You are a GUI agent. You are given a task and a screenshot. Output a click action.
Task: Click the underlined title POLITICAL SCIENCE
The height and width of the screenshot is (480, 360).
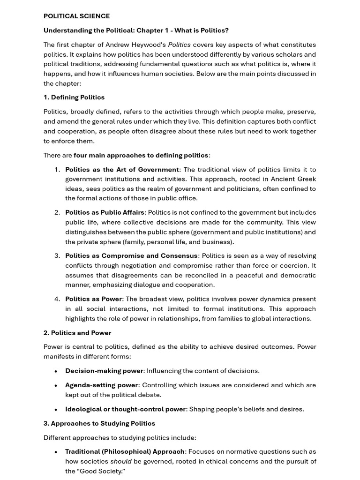(76, 16)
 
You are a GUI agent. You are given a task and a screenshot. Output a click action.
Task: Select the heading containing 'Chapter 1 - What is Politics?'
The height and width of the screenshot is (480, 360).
(136, 30)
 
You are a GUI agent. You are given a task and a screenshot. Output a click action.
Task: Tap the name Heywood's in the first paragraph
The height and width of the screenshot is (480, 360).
(150, 45)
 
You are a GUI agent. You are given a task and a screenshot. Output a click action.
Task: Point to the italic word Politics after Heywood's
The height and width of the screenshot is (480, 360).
(179, 45)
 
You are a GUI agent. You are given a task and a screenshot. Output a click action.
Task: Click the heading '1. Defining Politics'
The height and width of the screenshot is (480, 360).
(74, 97)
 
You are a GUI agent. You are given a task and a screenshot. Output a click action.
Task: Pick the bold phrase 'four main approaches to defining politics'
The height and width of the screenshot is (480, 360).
(141, 155)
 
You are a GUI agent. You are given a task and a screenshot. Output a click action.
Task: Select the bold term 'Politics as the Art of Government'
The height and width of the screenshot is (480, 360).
(122, 170)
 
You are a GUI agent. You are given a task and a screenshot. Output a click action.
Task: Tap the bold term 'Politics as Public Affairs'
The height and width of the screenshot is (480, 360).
(105, 212)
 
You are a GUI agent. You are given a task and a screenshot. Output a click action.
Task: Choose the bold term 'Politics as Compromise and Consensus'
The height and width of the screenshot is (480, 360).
(131, 256)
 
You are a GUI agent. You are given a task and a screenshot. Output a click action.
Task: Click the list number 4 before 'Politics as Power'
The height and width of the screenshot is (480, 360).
(57, 299)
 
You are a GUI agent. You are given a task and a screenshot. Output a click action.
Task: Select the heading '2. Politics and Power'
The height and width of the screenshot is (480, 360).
(77, 333)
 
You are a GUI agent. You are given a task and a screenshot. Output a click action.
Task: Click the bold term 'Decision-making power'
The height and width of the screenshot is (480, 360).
(104, 371)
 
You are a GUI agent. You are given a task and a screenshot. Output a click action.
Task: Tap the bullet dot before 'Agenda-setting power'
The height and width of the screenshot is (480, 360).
(56, 386)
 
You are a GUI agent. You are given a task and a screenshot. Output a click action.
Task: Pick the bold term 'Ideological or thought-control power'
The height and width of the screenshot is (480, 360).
(126, 409)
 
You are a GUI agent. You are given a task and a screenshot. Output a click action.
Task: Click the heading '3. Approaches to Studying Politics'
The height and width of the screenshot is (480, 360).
(99, 423)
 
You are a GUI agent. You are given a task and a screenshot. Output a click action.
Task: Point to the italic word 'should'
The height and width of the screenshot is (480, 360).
(121, 461)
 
